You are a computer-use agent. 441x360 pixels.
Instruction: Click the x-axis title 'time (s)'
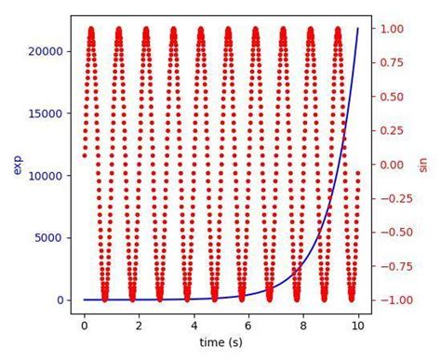point(221,343)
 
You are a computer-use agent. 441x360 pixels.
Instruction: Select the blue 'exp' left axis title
point(18,165)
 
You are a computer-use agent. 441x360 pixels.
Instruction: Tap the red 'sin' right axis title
point(423,165)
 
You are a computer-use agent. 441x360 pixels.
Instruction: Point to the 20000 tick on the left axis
point(47,51)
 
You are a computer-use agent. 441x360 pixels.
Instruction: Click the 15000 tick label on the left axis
point(47,113)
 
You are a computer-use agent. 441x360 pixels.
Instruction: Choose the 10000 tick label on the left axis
point(47,176)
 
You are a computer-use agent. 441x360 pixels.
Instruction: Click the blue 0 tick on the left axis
point(60,300)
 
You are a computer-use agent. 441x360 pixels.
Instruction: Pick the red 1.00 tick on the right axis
point(396,29)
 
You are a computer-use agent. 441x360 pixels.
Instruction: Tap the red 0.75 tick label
point(396,63)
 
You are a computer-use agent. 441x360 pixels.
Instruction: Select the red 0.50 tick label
point(396,97)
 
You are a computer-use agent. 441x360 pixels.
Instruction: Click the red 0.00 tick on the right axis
point(396,165)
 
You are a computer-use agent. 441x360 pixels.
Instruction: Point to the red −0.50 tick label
point(393,233)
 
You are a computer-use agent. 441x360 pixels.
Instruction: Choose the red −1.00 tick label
point(393,300)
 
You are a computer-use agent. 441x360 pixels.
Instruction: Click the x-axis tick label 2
point(139,326)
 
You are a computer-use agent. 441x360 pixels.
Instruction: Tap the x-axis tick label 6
point(248,326)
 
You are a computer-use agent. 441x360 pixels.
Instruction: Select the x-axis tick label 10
point(357,326)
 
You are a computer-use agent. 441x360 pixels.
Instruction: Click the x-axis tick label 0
point(84,326)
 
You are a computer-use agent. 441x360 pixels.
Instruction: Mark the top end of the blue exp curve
point(357,29)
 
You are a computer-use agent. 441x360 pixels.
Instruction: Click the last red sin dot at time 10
point(358,172)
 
